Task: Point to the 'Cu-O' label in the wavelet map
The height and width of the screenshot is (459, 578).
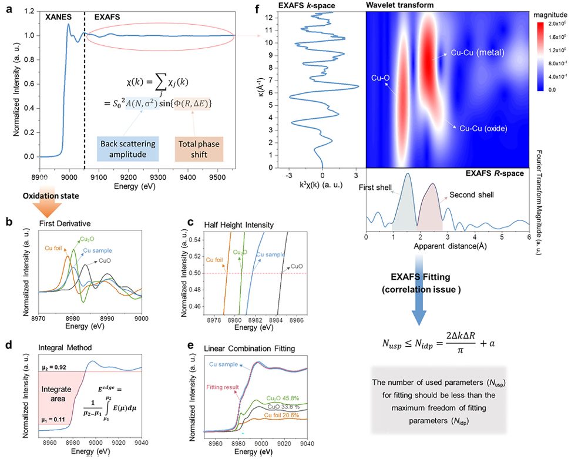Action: [x=380, y=76]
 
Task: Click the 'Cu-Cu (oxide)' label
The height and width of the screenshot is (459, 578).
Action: [x=483, y=128]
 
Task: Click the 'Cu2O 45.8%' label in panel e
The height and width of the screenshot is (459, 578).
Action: [x=281, y=397]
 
